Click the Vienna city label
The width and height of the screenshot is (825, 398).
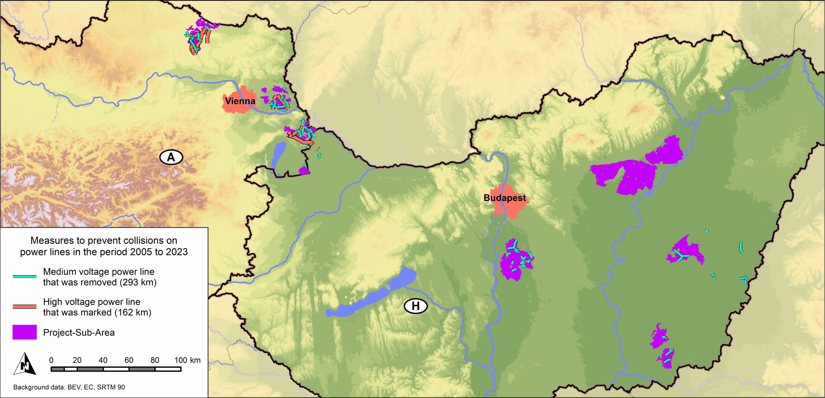click(x=240, y=101)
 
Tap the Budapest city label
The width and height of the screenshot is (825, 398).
click(x=504, y=198)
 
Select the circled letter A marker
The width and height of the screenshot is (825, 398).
click(x=171, y=157)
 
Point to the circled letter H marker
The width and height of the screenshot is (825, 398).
click(x=415, y=306)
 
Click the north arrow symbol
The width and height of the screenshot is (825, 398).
click(x=25, y=364)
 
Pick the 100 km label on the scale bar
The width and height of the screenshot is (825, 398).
click(x=187, y=360)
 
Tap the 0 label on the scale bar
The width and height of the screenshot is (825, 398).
click(x=51, y=360)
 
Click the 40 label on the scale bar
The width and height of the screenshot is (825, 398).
click(x=103, y=360)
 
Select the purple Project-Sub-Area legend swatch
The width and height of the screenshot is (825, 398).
click(x=24, y=332)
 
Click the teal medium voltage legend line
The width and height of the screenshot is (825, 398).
click(x=24, y=276)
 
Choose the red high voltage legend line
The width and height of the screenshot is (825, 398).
click(x=24, y=306)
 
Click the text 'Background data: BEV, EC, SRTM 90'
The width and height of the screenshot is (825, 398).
click(x=69, y=387)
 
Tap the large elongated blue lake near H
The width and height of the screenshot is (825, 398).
click(x=371, y=296)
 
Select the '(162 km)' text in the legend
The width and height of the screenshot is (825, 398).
click(x=133, y=312)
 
